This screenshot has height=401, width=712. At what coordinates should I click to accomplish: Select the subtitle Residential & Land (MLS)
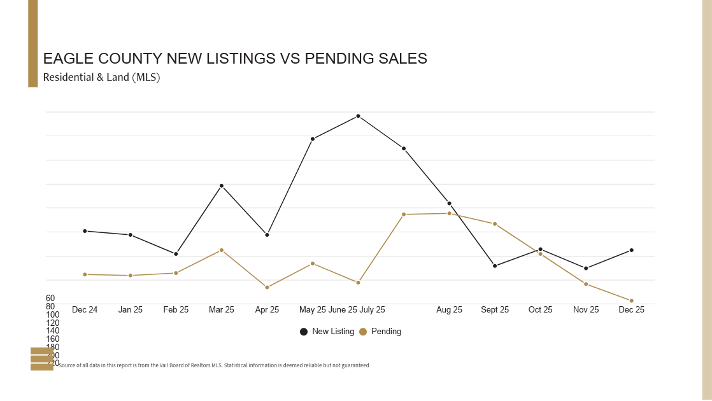(x=101, y=78)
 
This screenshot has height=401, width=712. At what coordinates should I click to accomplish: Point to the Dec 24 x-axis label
(x=85, y=310)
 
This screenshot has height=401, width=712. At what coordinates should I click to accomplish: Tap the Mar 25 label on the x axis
(x=222, y=310)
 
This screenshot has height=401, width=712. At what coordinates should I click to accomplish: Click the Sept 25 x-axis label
(x=495, y=310)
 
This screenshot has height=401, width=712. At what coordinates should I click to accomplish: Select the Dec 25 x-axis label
(x=632, y=310)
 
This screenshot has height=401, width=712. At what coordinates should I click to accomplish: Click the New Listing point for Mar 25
(x=222, y=186)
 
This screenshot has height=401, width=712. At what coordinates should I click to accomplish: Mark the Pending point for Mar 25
(x=222, y=250)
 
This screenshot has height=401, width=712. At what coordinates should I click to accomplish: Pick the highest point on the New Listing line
(x=358, y=116)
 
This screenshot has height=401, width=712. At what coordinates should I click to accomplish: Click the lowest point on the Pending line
(x=632, y=300)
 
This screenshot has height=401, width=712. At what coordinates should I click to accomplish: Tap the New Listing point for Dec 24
(x=85, y=231)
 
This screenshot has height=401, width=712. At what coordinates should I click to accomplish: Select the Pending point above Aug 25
(x=449, y=213)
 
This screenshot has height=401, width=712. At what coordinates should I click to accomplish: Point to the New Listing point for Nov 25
(x=586, y=268)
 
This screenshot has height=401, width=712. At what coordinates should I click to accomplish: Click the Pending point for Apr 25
(x=267, y=287)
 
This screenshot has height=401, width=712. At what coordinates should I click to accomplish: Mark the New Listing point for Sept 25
(x=495, y=265)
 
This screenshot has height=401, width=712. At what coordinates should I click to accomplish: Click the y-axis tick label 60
(x=50, y=299)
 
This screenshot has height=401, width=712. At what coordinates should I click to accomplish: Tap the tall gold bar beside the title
(x=33, y=43)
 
